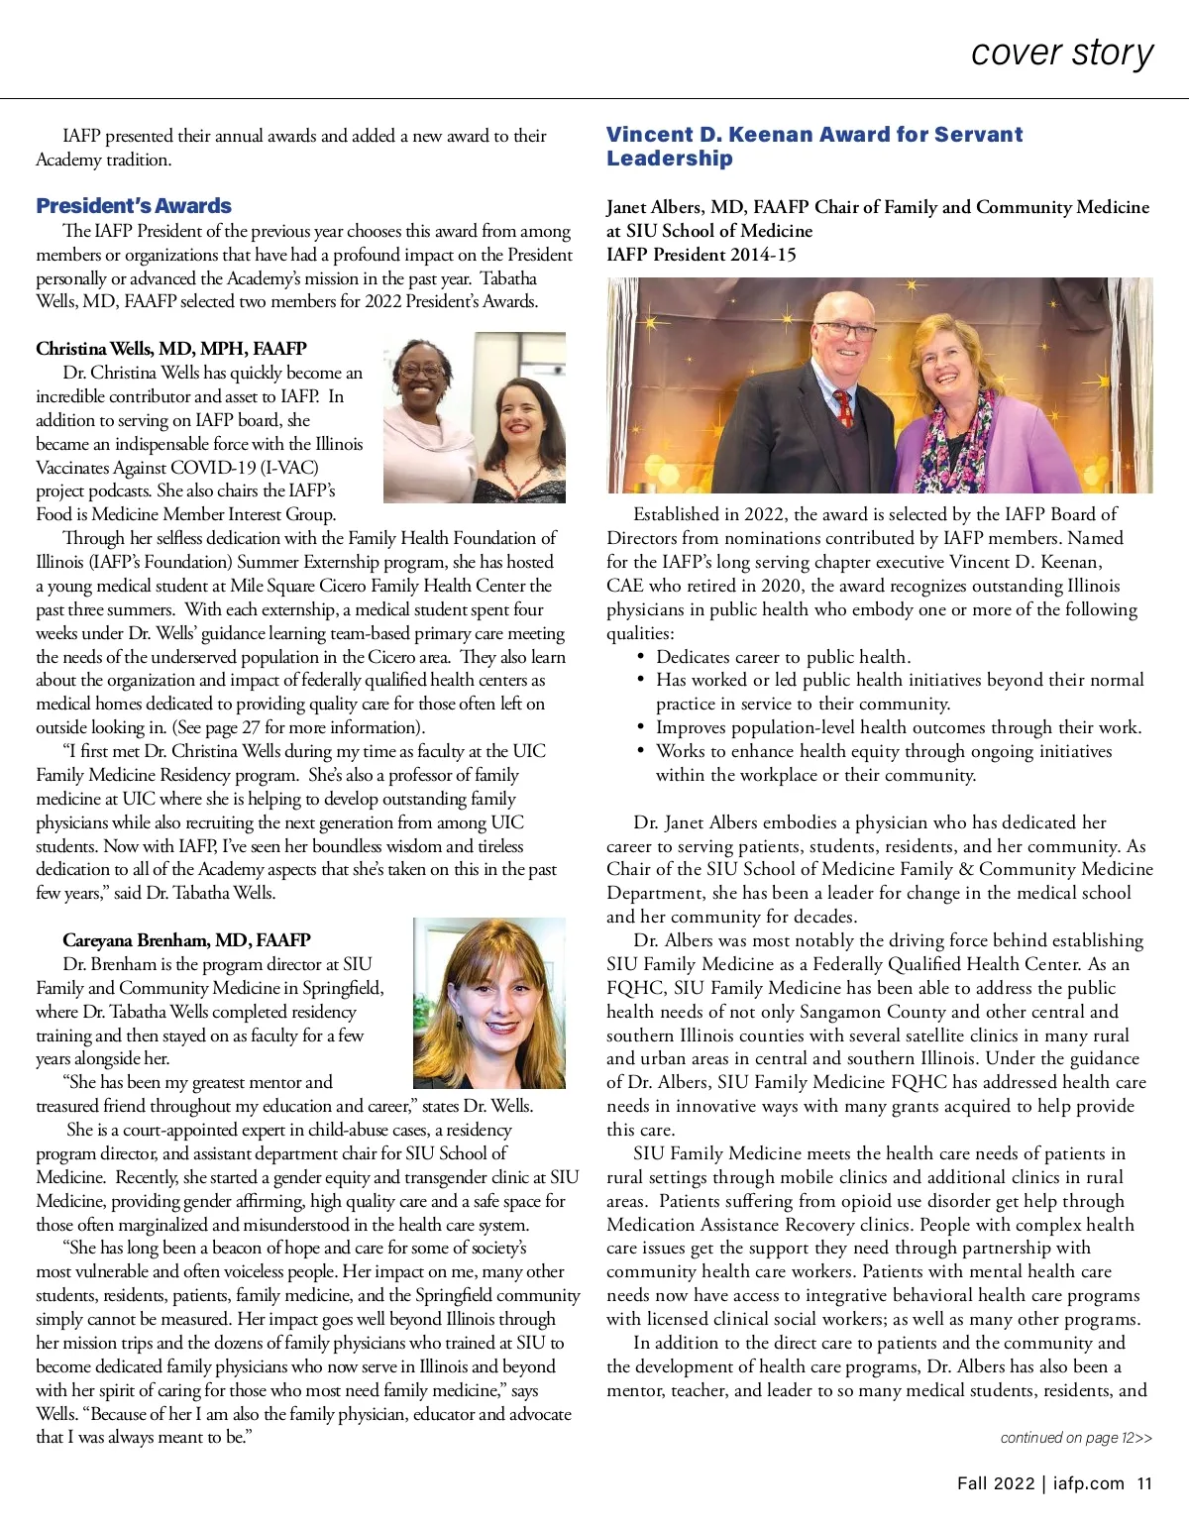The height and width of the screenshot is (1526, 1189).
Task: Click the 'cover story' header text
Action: [x=1062, y=52]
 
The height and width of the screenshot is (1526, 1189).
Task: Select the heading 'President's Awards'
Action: [x=134, y=206]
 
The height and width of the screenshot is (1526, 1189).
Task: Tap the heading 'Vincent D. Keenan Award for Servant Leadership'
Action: [x=813, y=146]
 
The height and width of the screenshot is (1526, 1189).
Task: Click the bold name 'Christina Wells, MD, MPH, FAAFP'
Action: [x=171, y=349]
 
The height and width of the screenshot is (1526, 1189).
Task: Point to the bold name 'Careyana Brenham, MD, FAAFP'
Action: [x=186, y=940]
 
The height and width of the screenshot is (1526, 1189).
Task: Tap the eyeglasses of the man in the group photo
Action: [x=844, y=331]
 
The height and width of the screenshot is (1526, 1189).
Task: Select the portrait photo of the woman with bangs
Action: [x=488, y=1003]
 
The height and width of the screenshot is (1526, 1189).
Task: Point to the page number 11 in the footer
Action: [x=1144, y=1483]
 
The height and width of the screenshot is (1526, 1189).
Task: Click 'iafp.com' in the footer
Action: [x=1088, y=1483]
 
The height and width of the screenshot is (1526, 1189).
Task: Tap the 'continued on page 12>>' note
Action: [x=1076, y=1438]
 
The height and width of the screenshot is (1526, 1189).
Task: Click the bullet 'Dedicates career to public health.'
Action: [x=783, y=657]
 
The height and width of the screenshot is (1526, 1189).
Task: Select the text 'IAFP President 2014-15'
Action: [x=702, y=255]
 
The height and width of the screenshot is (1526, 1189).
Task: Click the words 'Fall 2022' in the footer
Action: [x=996, y=1483]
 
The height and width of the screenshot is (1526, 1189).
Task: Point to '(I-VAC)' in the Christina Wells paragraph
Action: [x=287, y=468]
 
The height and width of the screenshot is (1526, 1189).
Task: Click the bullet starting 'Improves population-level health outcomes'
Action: [x=898, y=727]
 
